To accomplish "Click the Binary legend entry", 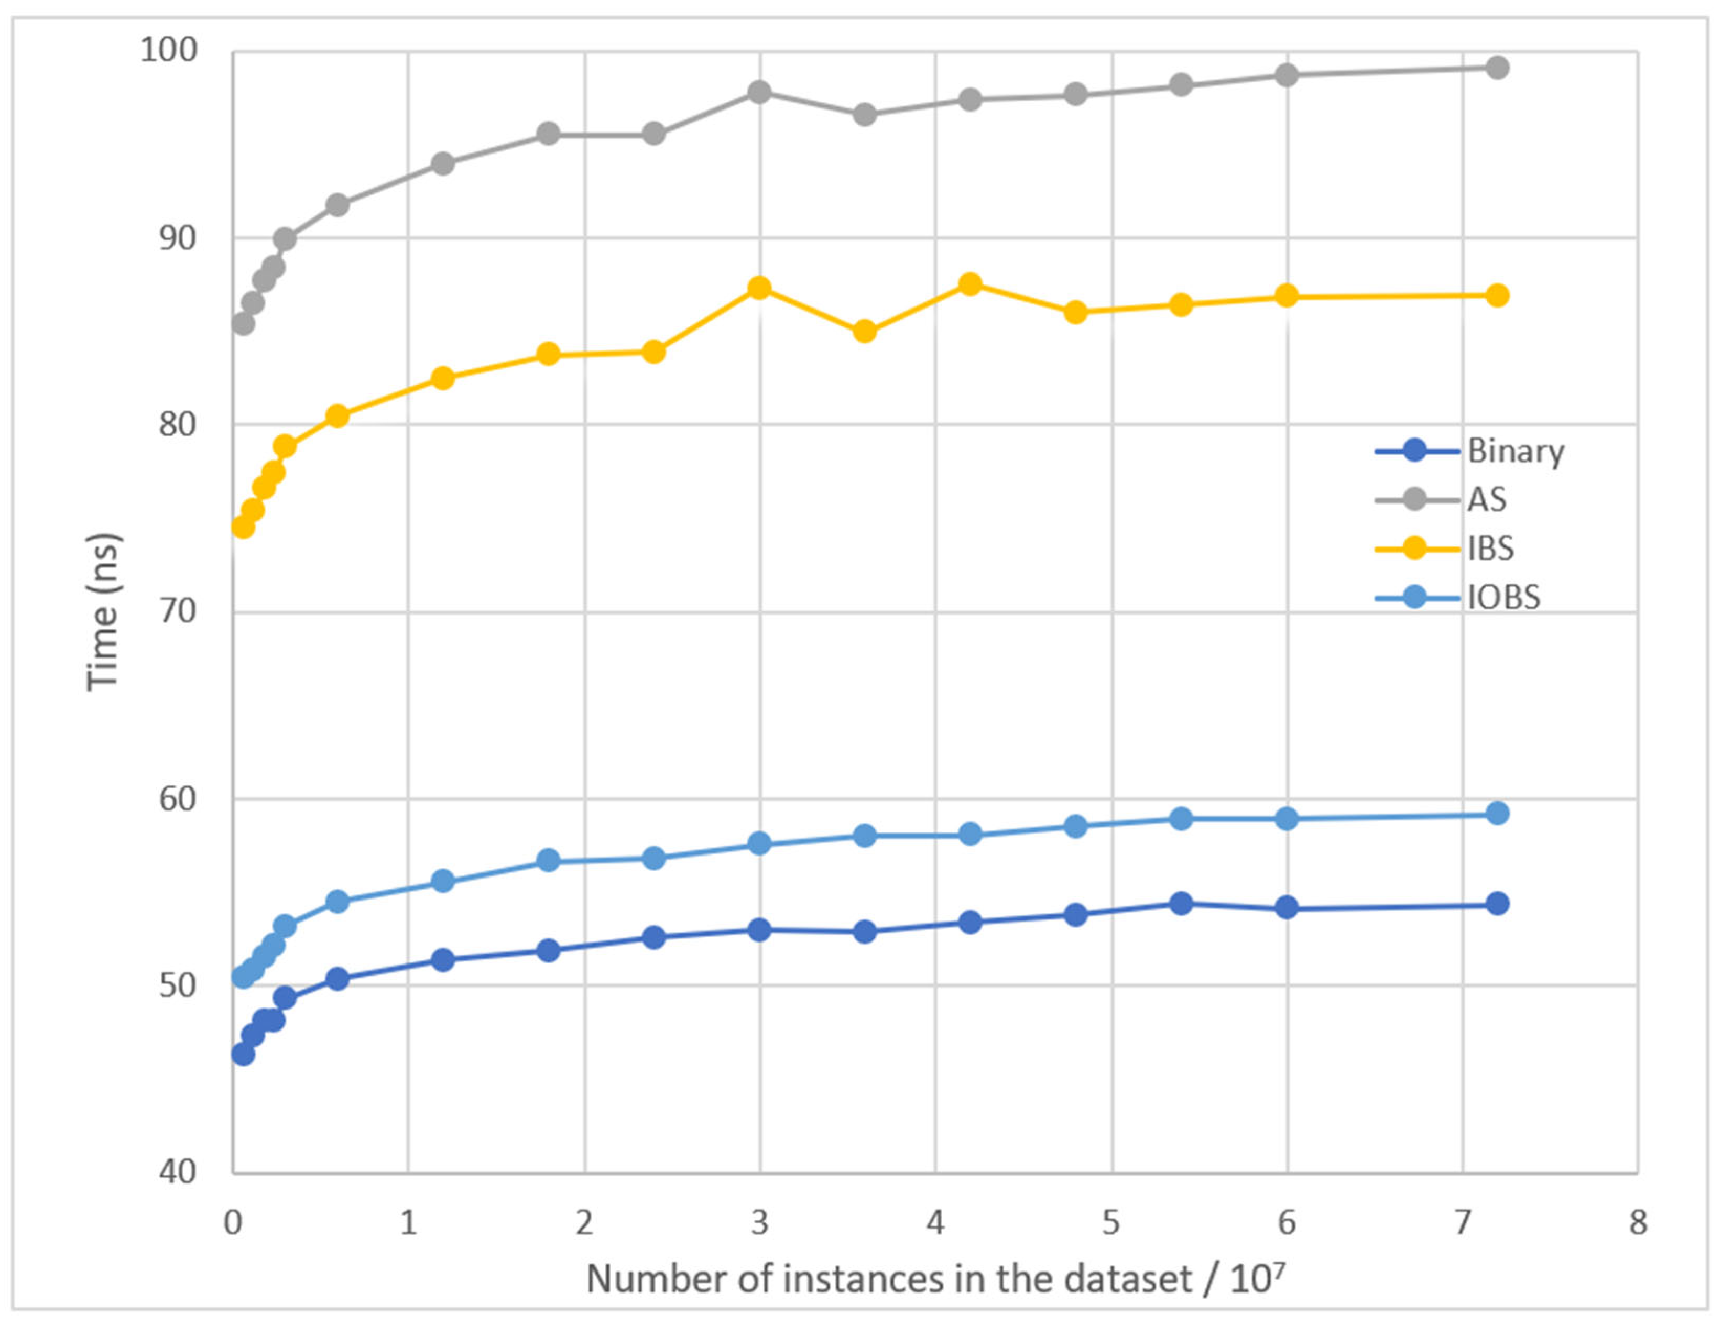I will pos(1514,452).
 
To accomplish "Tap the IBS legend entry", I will pos(1490,549).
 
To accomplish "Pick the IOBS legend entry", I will pos(1503,598).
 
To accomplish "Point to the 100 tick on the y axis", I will pos(168,50).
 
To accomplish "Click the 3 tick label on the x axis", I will pos(759,1223).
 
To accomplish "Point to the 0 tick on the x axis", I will pos(233,1223).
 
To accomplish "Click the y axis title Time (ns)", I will pos(103,612).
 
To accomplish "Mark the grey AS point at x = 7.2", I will pos(1497,68).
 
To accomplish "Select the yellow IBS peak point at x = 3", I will pos(759,288).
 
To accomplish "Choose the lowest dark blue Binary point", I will pos(243,1054).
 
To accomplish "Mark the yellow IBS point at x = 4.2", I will pos(971,284).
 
